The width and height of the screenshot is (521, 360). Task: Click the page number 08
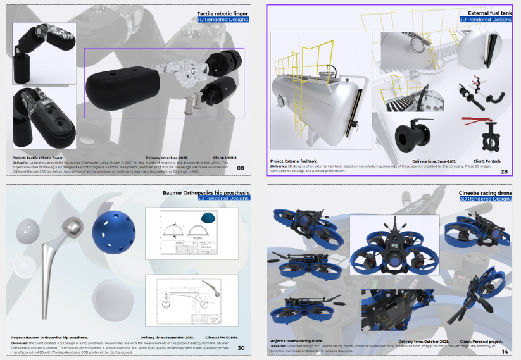(x=241, y=168)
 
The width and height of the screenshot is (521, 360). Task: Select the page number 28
(x=504, y=171)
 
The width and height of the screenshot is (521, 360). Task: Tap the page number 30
(x=241, y=347)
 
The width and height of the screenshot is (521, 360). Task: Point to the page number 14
(x=505, y=351)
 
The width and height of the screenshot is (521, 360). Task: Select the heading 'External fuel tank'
(x=489, y=13)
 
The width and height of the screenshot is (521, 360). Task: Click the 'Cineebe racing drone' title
(x=485, y=192)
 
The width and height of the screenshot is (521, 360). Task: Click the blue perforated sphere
(x=113, y=230)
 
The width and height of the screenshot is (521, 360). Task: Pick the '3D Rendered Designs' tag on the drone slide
(x=486, y=199)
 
